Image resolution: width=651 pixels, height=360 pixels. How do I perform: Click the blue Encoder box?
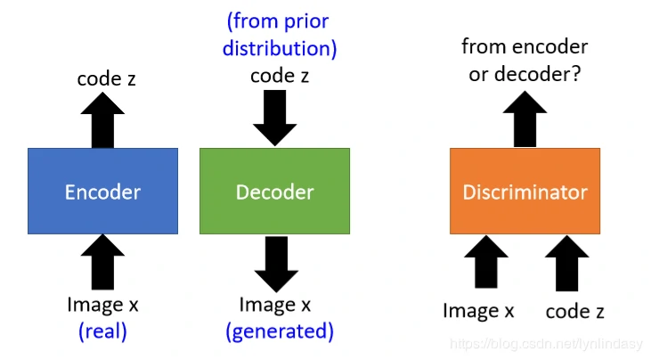pos(102,192)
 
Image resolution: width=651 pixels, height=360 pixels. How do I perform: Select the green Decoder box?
pos(274,192)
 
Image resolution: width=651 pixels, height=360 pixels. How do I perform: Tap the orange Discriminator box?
pos(525,192)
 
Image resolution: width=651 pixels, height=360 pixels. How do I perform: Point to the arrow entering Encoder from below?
pos(103,262)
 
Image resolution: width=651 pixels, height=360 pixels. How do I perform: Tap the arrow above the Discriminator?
pos(525,119)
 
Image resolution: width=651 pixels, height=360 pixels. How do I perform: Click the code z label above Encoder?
pos(105,79)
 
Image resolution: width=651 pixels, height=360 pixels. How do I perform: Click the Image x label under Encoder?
pos(102,305)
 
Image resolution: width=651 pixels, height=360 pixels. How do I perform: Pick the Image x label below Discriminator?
pos(478,311)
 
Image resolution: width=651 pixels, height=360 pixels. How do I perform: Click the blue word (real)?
pos(102,331)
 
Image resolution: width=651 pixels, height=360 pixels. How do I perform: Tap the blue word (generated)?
pos(279,331)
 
